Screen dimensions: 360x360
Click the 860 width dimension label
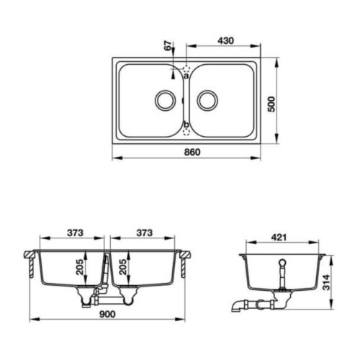[x=190, y=152]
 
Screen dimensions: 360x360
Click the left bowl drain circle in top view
[x=164, y=100]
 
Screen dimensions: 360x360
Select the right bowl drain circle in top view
[x=207, y=100]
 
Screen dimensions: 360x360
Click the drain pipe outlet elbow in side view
[x=238, y=305]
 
